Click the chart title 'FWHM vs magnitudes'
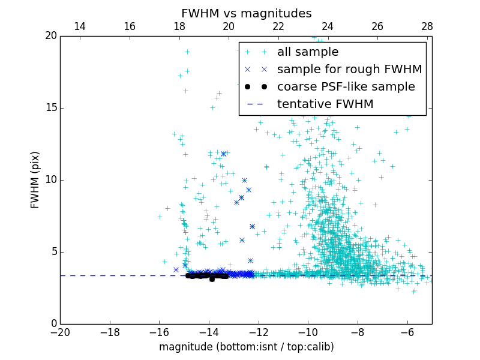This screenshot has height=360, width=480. coord(246,13)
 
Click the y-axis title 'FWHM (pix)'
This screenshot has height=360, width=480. coord(35,179)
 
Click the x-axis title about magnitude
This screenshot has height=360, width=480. coord(246,347)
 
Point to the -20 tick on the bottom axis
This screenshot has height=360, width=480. coord(60,332)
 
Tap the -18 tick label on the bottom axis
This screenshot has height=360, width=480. coord(110,332)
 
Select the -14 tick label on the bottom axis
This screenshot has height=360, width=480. coord(209,332)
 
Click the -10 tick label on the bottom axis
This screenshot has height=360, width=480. coord(308,332)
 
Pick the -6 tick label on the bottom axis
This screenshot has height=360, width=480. coord(407,332)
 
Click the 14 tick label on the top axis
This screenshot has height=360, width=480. coord(79,26)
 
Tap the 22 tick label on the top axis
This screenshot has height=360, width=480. coord(278,26)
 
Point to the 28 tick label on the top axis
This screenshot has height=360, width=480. coord(427,26)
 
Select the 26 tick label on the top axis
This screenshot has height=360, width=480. coord(377,26)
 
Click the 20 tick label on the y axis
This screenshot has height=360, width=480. coord(50,36)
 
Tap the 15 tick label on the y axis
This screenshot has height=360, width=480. coord(50,108)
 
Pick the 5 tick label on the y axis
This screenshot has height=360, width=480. coord(53,252)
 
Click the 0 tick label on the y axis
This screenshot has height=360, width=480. coord(53,324)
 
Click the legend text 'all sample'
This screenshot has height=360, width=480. coord(308,52)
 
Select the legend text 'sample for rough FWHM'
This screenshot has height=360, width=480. coord(349,70)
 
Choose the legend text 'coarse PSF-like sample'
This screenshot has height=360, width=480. coord(346,87)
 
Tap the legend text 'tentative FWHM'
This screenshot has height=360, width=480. coord(325,104)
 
